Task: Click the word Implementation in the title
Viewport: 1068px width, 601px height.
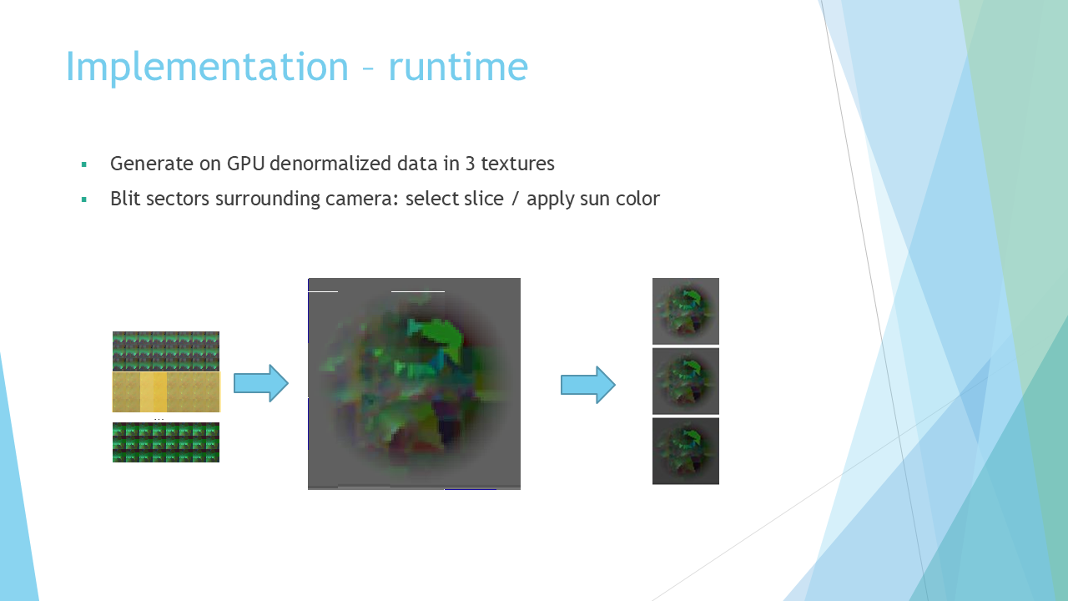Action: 208,68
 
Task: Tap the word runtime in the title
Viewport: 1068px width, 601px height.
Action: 458,66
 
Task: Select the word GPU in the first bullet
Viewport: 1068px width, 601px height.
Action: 245,163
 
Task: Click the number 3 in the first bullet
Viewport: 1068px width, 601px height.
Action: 470,163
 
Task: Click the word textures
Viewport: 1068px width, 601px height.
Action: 517,163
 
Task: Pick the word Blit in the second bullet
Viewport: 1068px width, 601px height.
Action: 125,199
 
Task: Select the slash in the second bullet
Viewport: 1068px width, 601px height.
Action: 515,199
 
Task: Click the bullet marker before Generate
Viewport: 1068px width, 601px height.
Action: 84,164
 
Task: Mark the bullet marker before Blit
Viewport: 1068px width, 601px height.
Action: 84,199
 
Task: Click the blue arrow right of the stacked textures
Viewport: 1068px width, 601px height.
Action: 261,383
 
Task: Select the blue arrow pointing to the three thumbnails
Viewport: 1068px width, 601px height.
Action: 588,385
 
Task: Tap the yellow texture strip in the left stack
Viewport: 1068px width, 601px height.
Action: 166,392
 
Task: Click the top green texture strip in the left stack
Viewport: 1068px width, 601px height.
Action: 166,351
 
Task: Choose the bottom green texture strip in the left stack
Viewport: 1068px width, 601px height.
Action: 166,442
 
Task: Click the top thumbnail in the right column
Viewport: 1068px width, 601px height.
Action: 686,311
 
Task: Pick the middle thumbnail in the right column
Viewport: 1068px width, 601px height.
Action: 686,381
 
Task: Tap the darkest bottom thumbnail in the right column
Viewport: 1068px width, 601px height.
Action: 686,452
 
